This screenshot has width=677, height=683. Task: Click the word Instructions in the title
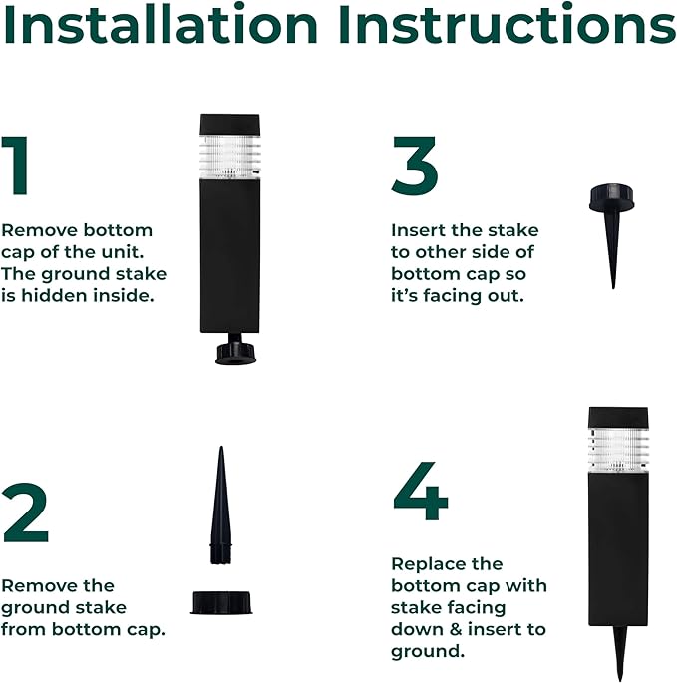point(508,24)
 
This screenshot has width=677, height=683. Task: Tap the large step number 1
point(17,166)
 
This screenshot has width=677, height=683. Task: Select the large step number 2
point(25,512)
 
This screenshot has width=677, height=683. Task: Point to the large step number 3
point(415,166)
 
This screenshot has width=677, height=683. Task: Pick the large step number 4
point(421,491)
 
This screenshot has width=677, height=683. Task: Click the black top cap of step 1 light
point(229,125)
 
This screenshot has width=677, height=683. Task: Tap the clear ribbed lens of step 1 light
point(229,157)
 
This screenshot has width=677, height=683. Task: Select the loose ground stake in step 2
point(221,506)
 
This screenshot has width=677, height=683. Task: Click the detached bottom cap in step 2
point(221,602)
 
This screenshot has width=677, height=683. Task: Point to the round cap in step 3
point(611,198)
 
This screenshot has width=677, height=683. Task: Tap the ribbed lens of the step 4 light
point(618,449)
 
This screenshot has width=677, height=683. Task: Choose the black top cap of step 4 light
point(618,418)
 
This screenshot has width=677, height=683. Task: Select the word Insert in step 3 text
point(412,230)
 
